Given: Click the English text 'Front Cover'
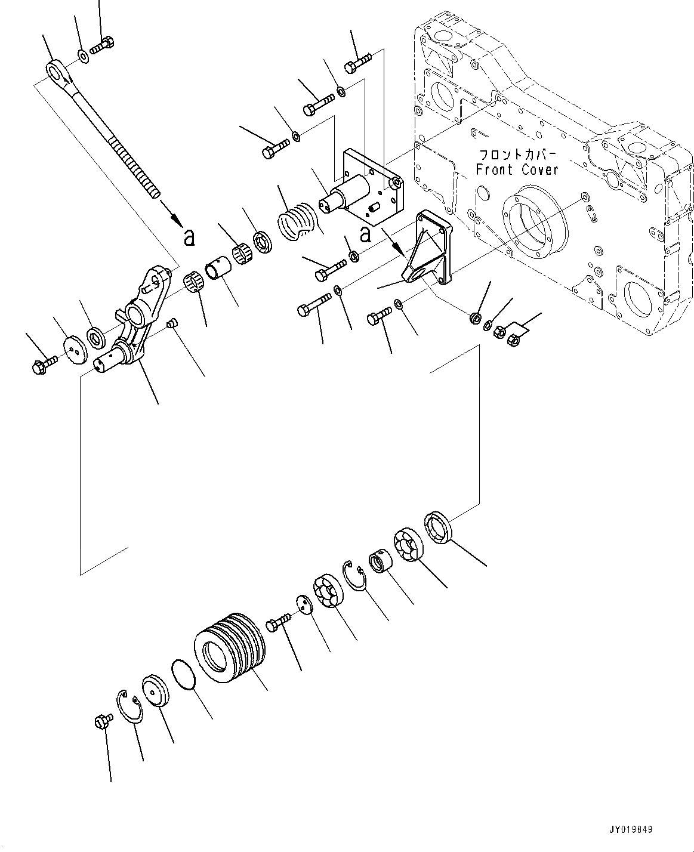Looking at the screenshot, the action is click(x=517, y=169).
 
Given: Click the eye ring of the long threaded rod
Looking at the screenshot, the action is click(x=58, y=71).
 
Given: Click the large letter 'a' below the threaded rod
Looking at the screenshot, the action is click(x=189, y=238).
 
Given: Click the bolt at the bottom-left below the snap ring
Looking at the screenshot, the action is click(x=101, y=721).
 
